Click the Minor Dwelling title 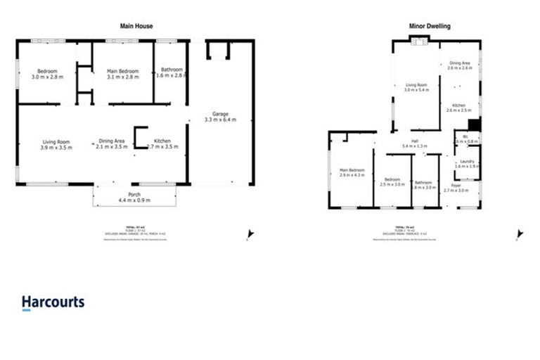[430, 26]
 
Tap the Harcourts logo [53, 303]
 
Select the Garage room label [220, 117]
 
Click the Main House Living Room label [56, 144]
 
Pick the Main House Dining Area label [112, 144]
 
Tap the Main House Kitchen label [162, 144]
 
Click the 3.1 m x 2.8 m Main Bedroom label [122, 74]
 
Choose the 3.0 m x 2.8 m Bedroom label [47, 74]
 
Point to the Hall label [415, 143]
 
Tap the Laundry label [467, 164]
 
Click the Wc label [465, 138]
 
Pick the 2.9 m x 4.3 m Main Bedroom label [352, 172]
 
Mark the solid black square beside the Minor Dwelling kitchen [475, 125]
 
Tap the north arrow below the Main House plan [250, 235]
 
